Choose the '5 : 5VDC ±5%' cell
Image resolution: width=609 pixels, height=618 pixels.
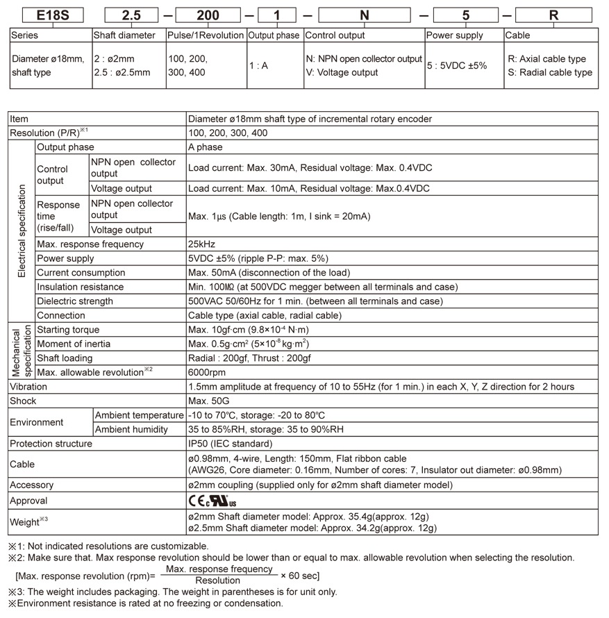[x=457, y=66]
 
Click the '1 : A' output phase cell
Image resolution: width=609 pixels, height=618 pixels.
[x=258, y=66]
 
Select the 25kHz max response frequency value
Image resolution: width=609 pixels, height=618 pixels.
[x=201, y=244]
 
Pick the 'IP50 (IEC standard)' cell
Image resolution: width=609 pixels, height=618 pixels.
[x=230, y=444]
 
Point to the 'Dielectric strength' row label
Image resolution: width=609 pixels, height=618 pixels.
[x=74, y=301]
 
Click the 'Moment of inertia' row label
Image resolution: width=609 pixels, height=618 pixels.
[x=73, y=344]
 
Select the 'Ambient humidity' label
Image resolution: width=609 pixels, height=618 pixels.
[x=131, y=429]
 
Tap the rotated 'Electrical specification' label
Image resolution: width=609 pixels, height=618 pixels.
[x=22, y=231]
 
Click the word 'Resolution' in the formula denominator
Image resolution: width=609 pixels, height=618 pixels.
[x=217, y=581]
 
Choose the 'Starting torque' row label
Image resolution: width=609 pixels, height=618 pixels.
[x=68, y=330]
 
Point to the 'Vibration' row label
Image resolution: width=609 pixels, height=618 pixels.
[x=28, y=387]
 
